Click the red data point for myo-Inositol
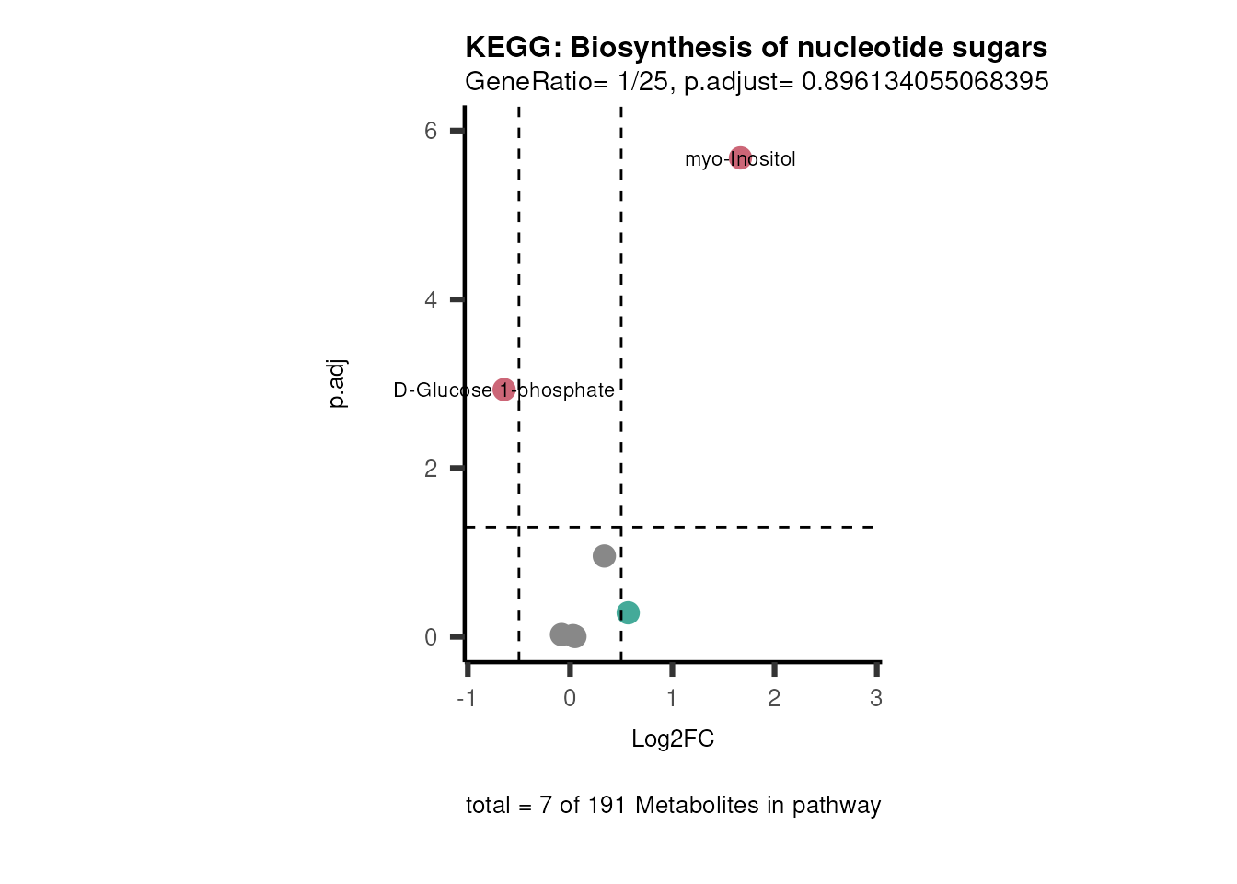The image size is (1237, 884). pos(740,158)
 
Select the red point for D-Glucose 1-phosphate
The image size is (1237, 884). pos(503,390)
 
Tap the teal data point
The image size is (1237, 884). pos(628,612)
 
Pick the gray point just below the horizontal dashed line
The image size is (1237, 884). pos(604,555)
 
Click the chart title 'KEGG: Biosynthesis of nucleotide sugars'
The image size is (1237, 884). pos(756,47)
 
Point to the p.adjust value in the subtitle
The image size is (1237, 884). pos(924,82)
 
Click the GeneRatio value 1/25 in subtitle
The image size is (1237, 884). pos(642,82)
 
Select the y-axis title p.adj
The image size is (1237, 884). pos(337,383)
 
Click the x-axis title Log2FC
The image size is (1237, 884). pos(673,739)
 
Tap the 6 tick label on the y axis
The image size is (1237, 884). pos(431,131)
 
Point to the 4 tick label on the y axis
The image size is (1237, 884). pos(431,300)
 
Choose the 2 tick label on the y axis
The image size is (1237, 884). pos(431,469)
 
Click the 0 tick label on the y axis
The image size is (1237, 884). pos(431,637)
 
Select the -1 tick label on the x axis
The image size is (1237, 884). pos(466,699)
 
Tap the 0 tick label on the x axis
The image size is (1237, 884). pos(570,699)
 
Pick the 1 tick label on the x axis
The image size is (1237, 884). pos(672,699)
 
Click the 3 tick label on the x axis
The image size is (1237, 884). pos(876,699)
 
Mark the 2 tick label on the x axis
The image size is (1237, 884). pos(774,699)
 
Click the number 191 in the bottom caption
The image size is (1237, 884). pos(604,806)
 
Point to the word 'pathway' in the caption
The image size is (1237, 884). pos(837,806)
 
